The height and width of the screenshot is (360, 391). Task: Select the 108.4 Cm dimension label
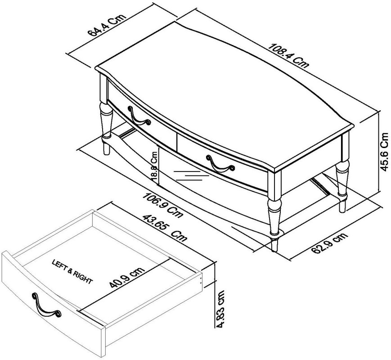coord(288,55)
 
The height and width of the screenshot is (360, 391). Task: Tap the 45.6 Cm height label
coord(384,152)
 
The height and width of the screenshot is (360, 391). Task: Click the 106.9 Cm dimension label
coord(162,205)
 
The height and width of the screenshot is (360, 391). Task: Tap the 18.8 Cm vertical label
coord(155,166)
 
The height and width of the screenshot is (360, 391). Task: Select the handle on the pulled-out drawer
coord(45,306)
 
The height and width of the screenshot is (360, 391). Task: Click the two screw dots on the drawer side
coord(201,280)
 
